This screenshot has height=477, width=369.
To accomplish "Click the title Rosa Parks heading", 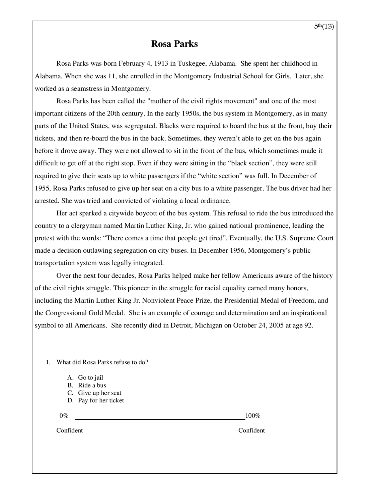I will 174,44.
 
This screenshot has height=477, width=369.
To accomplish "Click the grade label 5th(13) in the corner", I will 324,26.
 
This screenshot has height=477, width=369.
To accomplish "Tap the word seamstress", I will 86,88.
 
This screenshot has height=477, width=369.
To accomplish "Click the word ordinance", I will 217,201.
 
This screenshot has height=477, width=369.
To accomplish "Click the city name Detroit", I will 181,325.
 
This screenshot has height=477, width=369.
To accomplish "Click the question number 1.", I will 48,362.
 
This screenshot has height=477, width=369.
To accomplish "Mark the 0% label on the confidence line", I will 64,416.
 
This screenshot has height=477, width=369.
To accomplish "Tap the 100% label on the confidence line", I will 253,416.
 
